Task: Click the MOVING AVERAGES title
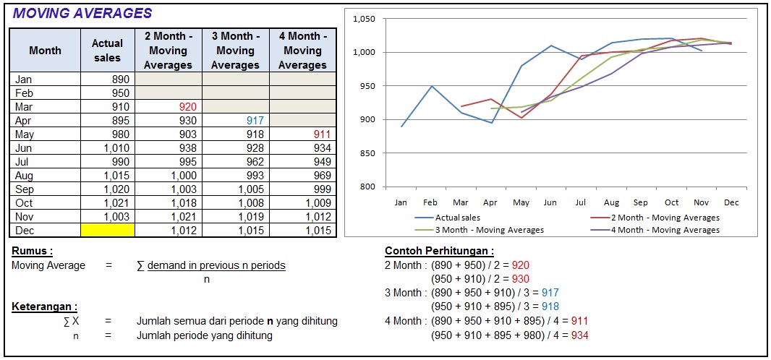click(82, 13)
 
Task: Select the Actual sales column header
click(107, 50)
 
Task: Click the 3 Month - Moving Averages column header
click(235, 50)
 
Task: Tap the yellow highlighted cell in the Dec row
click(107, 231)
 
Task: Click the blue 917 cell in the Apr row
click(255, 121)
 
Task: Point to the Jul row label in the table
click(24, 162)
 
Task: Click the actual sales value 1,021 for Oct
click(115, 203)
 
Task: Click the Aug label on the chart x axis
click(612, 202)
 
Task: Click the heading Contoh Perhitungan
click(439, 252)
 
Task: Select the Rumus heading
click(33, 252)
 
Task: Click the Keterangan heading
click(45, 307)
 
